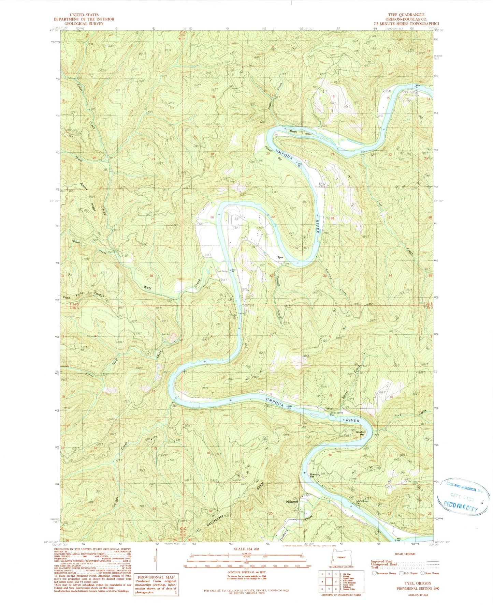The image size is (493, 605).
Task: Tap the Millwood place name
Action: click(292, 502)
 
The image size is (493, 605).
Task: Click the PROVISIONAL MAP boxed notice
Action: click(157, 586)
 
